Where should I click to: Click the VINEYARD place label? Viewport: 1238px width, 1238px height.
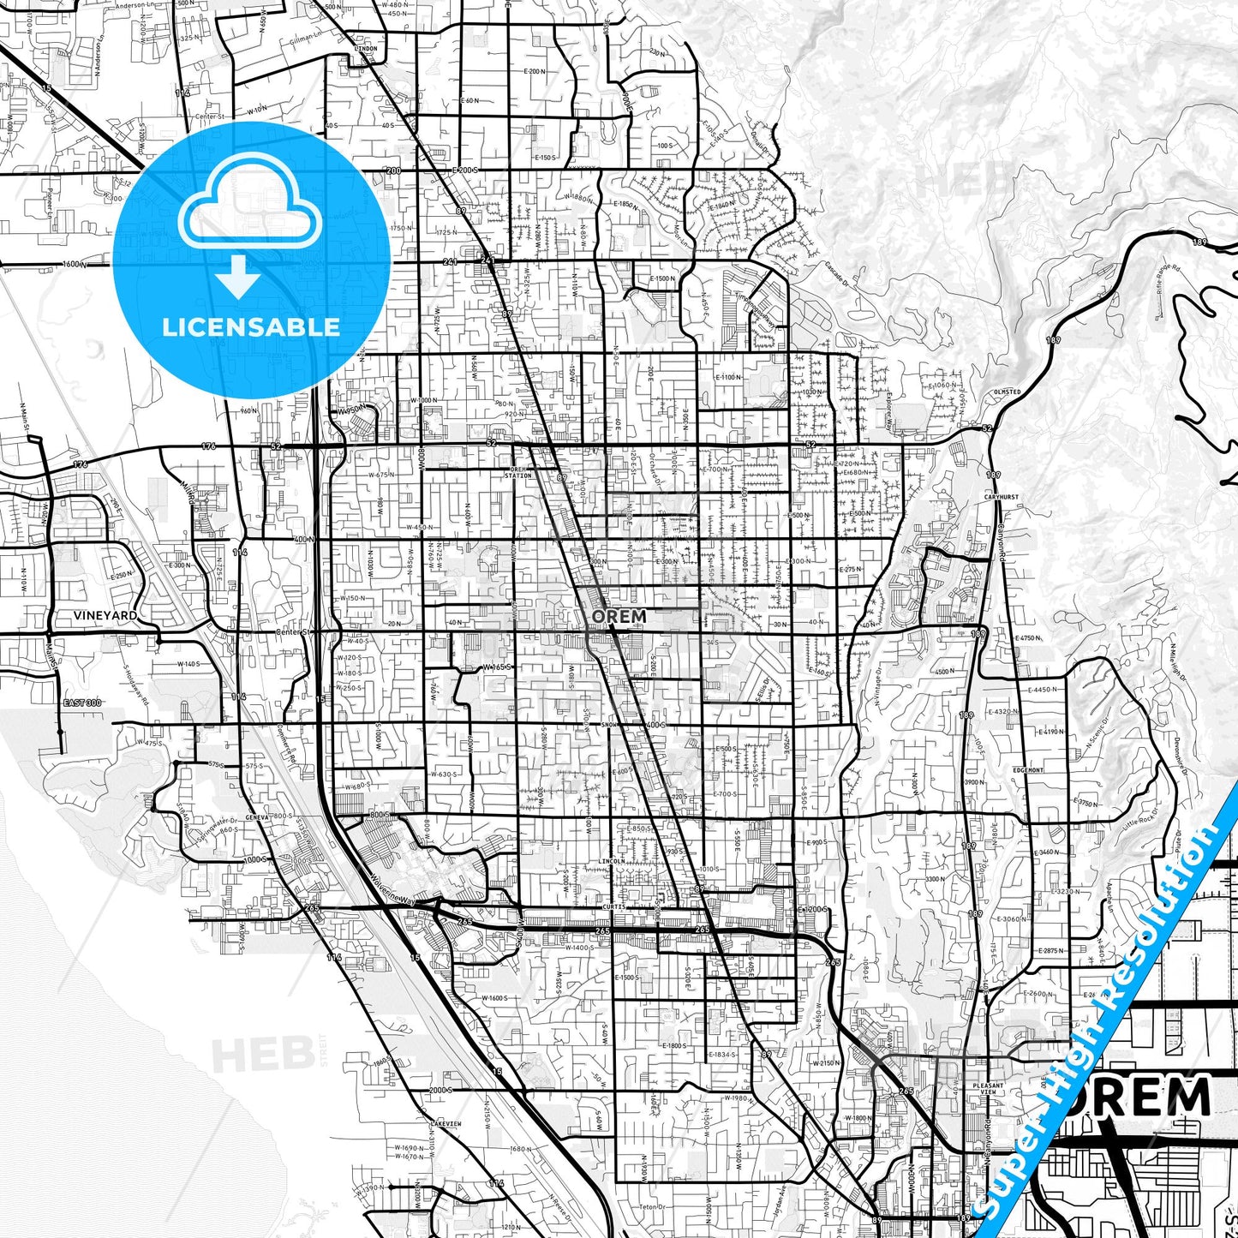click(105, 615)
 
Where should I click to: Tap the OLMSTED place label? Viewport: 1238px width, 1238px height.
click(1007, 392)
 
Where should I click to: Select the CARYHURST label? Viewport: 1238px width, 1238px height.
click(1001, 497)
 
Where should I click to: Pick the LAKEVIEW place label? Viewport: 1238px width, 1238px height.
click(446, 1123)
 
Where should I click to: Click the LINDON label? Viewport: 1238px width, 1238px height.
click(365, 49)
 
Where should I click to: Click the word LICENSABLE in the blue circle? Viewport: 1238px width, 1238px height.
click(250, 326)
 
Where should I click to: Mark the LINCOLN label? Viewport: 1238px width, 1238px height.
click(612, 861)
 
